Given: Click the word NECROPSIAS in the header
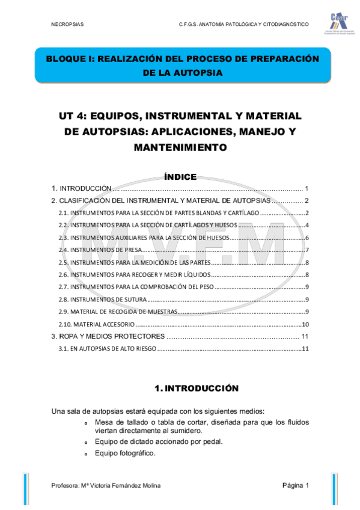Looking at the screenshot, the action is click(67, 24).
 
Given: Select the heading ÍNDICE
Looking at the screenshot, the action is click(180, 177).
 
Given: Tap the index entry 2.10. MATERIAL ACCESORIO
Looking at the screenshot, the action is click(100, 324).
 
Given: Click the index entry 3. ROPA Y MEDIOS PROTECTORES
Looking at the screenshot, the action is click(108, 336).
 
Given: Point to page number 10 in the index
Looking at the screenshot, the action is click(305, 324).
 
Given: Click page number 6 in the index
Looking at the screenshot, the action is click(307, 238).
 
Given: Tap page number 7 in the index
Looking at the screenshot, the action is click(307, 250).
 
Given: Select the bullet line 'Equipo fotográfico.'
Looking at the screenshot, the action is click(125, 453).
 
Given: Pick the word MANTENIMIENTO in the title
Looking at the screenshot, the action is click(180, 147).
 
